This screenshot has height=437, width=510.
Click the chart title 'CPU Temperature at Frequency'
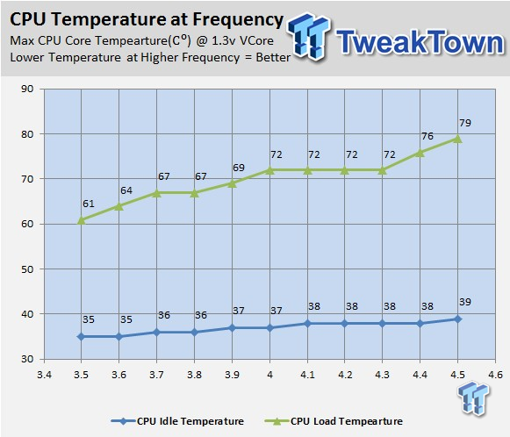pyautogui.click(x=147, y=19)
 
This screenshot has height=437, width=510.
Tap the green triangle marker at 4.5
pyautogui.click(x=457, y=139)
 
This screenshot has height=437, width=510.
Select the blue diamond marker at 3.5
pyautogui.click(x=81, y=337)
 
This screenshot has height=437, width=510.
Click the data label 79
pyautogui.click(x=465, y=123)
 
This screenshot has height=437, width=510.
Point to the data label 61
pyautogui.click(x=88, y=204)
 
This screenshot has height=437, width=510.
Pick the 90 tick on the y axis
pyautogui.click(x=27, y=89)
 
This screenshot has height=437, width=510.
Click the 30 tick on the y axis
pyautogui.click(x=27, y=359)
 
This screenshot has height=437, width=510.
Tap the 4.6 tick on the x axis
pyautogui.click(x=495, y=375)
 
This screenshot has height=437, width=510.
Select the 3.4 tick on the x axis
pyautogui.click(x=44, y=375)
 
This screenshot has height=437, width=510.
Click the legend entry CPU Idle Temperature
pyautogui.click(x=177, y=421)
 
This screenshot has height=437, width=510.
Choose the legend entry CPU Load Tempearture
pyautogui.click(x=334, y=421)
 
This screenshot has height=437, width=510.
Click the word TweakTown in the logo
pyautogui.click(x=420, y=41)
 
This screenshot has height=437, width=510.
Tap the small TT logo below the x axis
pyautogui.click(x=474, y=398)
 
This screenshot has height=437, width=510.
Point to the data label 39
pyautogui.click(x=465, y=302)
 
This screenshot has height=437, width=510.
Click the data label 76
pyautogui.click(x=427, y=136)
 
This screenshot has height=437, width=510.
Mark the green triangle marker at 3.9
pyautogui.click(x=232, y=183)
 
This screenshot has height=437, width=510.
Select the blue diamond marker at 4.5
pyautogui.click(x=457, y=319)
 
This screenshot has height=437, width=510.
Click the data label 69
pyautogui.click(x=239, y=168)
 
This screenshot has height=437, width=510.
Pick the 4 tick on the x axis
pyautogui.click(x=269, y=375)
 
